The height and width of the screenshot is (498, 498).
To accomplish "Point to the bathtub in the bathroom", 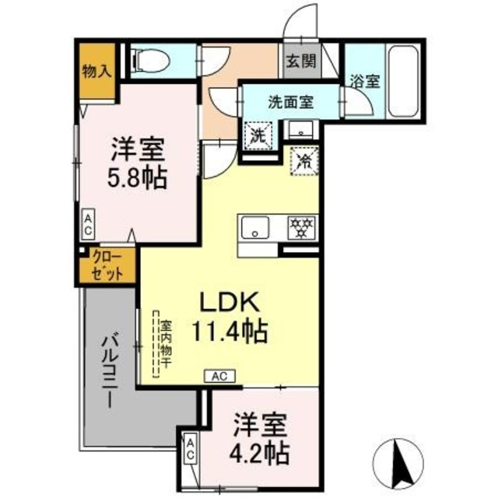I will (x=403, y=80).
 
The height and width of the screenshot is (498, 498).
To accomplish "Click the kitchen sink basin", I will (x=254, y=228).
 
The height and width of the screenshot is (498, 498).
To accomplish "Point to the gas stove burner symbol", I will (x=300, y=227).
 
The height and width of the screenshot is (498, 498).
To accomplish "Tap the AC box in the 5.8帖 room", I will (x=89, y=226).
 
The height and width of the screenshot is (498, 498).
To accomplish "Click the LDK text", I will (x=225, y=302).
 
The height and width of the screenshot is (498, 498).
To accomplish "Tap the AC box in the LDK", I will (x=219, y=376).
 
